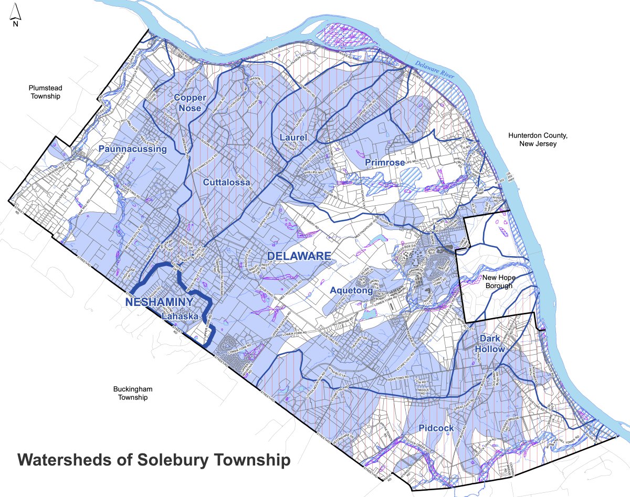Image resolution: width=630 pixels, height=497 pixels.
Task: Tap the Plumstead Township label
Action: pos(45,93)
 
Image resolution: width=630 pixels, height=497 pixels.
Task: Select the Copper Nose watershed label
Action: pos(190,102)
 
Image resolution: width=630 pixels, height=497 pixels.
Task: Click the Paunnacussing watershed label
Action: pos(132,149)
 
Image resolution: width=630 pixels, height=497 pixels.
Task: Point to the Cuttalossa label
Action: pos(225,182)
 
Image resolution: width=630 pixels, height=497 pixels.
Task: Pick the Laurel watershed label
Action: pos(289,138)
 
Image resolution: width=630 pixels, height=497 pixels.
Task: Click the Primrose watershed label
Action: pos(385,163)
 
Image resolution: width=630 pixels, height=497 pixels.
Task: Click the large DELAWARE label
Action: pos(299,256)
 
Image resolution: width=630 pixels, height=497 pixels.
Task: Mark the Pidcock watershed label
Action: pos(436,428)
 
